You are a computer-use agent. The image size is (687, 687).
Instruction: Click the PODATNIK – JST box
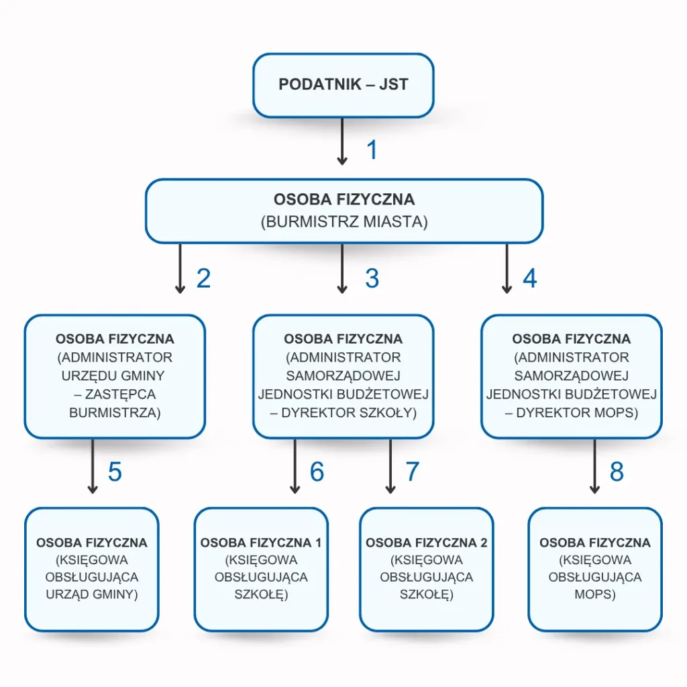point(343,85)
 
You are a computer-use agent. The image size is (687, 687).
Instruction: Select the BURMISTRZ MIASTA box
point(343,211)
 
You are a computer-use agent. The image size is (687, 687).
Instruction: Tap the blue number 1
point(372,150)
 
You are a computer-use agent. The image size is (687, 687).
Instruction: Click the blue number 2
point(203,278)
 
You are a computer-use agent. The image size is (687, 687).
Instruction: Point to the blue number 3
point(372,278)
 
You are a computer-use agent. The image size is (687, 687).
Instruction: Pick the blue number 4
point(530,278)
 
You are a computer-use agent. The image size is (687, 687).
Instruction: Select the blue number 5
point(115,472)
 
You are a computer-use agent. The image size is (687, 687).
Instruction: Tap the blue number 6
point(317,472)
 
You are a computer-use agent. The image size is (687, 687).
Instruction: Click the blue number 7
point(412,472)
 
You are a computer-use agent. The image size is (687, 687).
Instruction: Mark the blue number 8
point(617,472)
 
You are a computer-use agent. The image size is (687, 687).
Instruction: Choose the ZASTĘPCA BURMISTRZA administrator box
point(115,376)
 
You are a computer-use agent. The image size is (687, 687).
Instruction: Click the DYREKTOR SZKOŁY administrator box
point(343,376)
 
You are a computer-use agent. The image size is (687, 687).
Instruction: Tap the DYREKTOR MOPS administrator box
point(572,376)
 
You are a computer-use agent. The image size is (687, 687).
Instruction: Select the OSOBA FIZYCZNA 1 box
point(261,569)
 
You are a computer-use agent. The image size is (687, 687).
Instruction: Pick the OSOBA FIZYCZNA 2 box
point(427,569)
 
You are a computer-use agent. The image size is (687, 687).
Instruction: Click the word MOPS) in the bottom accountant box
point(595,594)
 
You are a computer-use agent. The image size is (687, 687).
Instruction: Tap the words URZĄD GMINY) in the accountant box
point(92,594)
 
